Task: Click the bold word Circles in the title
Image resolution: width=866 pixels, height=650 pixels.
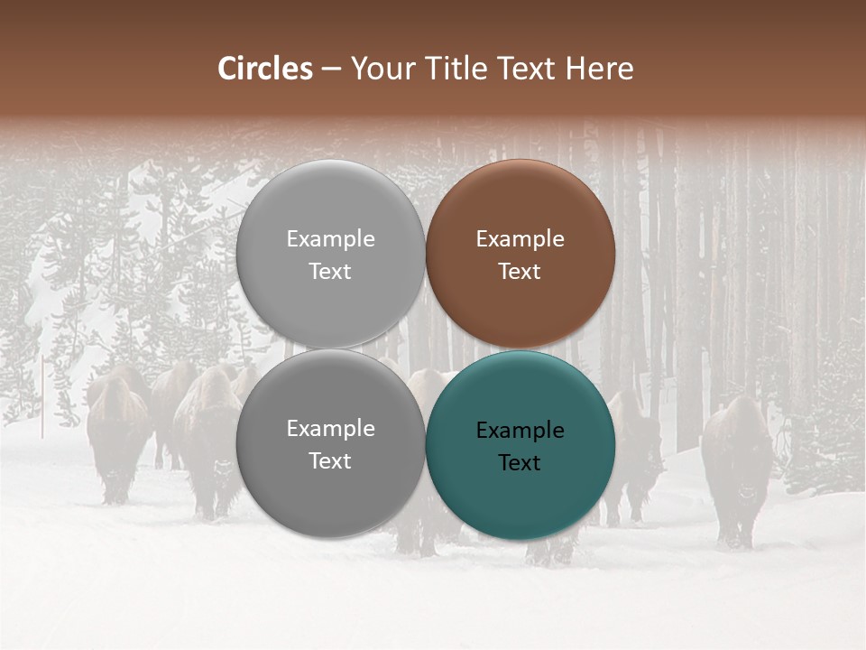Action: click(265, 69)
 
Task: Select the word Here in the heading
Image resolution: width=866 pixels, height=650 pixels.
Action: click(599, 69)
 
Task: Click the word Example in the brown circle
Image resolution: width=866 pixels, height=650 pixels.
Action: click(521, 239)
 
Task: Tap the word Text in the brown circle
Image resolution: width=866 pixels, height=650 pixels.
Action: click(521, 272)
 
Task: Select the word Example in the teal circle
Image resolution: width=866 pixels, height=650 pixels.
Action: click(521, 431)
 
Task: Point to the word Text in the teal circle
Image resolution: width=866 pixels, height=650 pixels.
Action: click(521, 463)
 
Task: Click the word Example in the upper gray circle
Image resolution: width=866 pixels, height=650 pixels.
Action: click(331, 239)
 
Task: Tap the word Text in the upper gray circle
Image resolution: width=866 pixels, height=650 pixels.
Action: click(331, 272)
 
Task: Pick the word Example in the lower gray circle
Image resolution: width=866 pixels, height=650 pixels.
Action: click(331, 429)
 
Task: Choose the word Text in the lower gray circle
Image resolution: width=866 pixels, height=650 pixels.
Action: click(331, 461)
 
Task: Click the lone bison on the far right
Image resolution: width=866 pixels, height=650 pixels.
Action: click(737, 469)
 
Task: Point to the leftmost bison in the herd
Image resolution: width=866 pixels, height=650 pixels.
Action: click(115, 433)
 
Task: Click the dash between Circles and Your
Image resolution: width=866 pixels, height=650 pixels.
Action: click(331, 70)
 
